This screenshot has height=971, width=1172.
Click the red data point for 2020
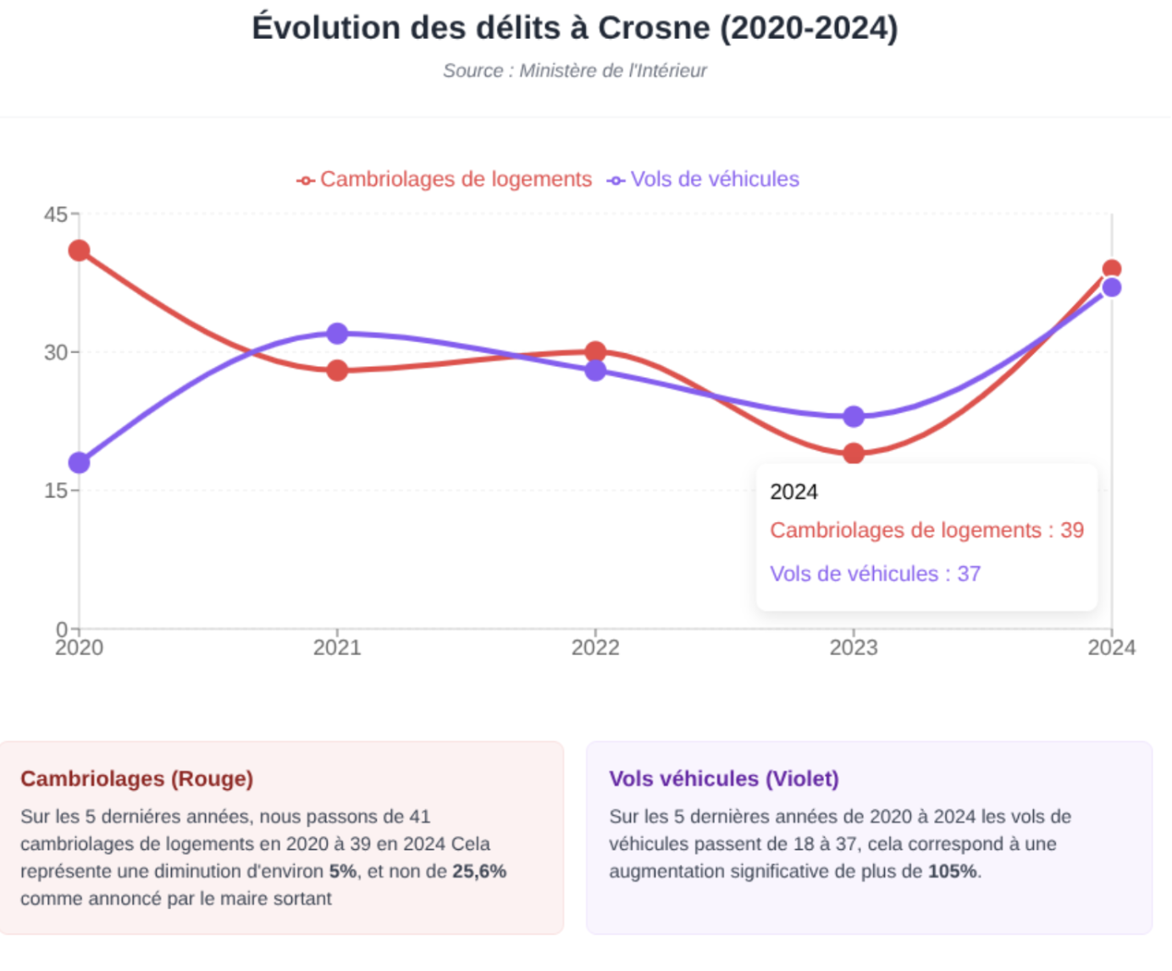(80, 251)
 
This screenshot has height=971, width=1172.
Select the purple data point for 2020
(80, 463)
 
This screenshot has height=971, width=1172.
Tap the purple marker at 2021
(337, 333)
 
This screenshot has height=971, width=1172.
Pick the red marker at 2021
(337, 370)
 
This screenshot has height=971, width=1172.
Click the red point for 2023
(854, 453)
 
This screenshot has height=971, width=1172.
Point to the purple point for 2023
(854, 416)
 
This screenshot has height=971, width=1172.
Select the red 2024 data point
(1112, 269)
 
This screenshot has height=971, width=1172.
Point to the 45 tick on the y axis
(56, 214)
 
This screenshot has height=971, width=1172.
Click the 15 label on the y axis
(56, 491)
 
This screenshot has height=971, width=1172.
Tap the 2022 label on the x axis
(595, 648)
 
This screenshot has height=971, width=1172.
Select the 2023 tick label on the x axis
(854, 648)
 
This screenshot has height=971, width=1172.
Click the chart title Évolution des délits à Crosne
(575, 28)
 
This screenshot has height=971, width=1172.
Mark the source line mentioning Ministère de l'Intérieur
(575, 71)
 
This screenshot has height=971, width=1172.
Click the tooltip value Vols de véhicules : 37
(875, 574)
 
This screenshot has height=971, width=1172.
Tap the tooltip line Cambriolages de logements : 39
(926, 530)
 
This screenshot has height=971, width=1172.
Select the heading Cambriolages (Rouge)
(137, 779)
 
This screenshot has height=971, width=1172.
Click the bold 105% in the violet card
(953, 872)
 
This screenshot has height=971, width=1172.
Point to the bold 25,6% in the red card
(479, 872)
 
